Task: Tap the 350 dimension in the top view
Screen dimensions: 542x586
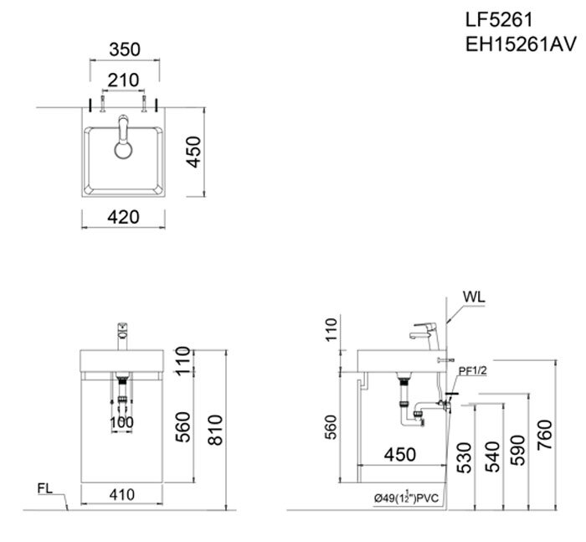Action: point(124,49)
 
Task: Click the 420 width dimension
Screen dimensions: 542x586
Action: point(122,218)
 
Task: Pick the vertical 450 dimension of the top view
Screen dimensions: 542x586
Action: point(193,152)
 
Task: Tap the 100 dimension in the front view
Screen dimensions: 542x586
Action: point(122,423)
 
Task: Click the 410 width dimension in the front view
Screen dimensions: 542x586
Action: point(122,495)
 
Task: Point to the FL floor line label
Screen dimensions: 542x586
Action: point(47,488)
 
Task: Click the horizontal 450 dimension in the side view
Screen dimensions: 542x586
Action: point(399,455)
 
